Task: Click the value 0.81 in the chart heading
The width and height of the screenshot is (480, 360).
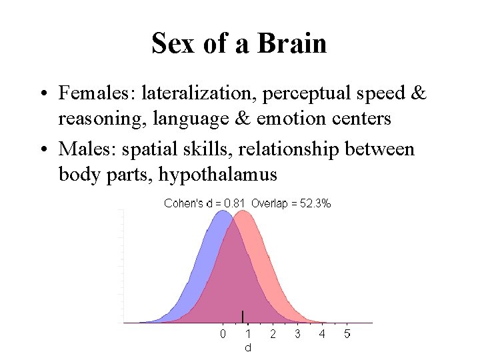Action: click(x=234, y=204)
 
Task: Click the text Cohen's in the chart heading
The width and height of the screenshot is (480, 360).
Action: click(x=183, y=204)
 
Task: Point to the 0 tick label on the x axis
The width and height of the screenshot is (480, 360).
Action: click(x=223, y=333)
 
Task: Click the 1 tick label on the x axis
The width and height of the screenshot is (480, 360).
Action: click(x=248, y=333)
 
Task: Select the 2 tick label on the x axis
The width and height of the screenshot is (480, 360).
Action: click(x=273, y=333)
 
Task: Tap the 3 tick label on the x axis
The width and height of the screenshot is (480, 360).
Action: click(x=297, y=333)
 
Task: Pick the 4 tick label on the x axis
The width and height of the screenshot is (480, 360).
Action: click(x=322, y=333)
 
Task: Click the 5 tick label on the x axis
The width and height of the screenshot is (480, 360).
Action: click(x=347, y=333)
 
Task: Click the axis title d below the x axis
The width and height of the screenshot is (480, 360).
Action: click(x=248, y=347)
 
